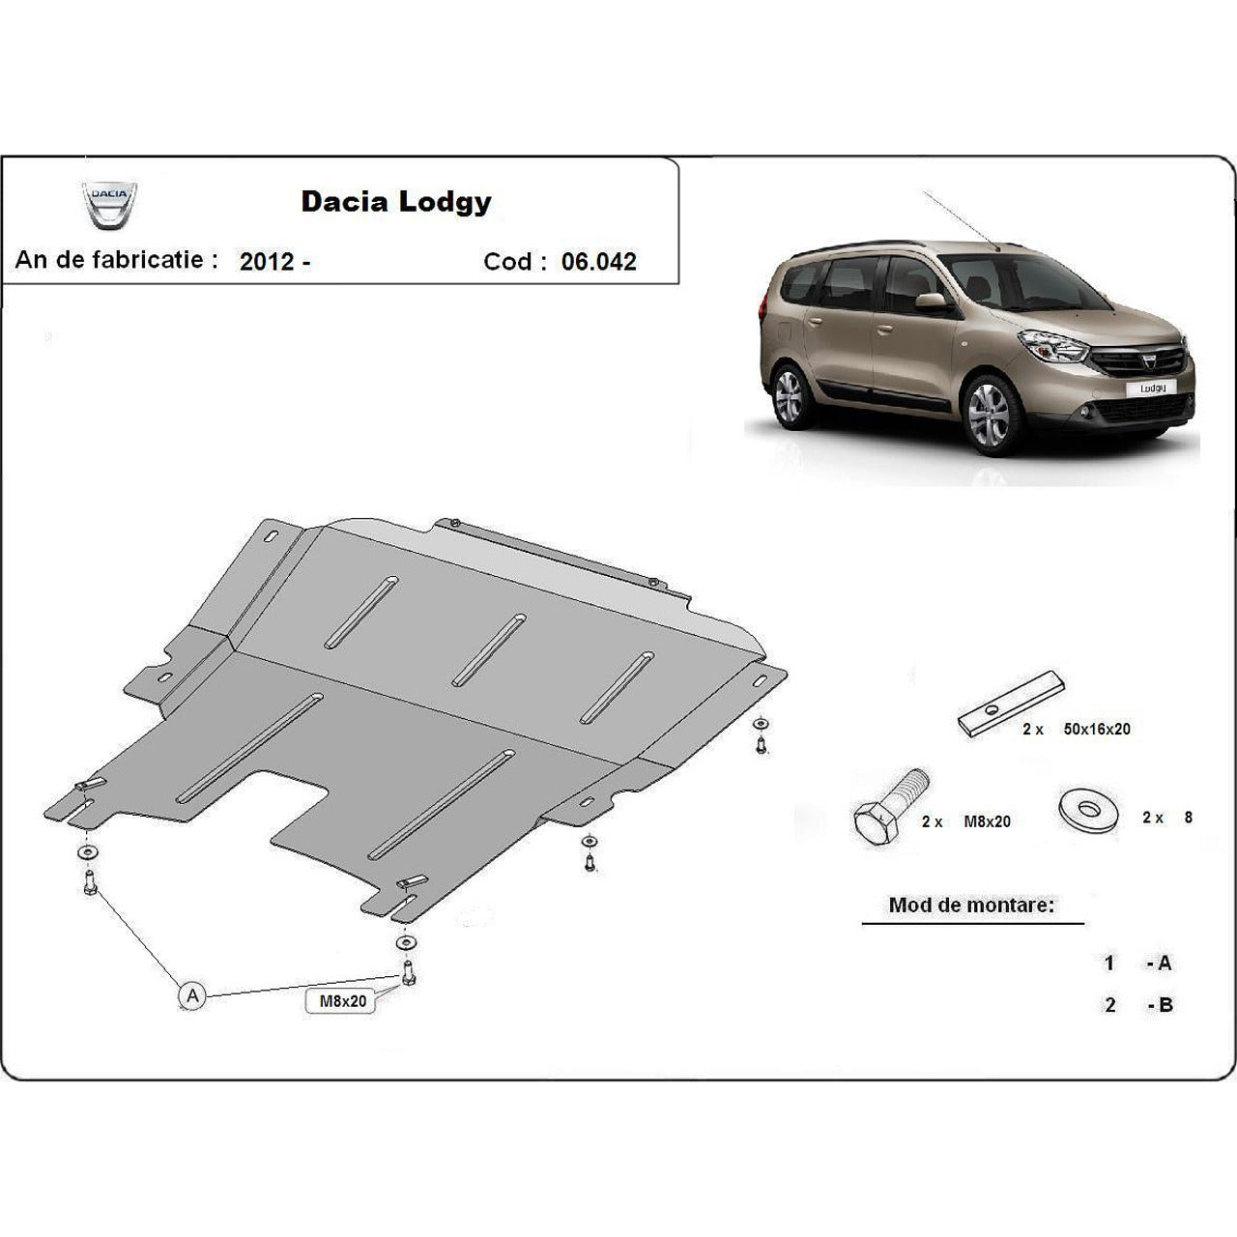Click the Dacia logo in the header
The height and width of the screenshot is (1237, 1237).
(x=109, y=205)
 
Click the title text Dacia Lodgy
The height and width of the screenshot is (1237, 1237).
(x=396, y=201)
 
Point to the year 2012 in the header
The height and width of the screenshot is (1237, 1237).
(x=267, y=261)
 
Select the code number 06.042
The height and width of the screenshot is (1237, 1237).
(x=599, y=262)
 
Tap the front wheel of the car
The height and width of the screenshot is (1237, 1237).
(x=988, y=415)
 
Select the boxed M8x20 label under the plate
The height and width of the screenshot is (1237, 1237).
(x=343, y=1002)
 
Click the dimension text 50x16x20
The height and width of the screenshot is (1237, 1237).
(x=1097, y=730)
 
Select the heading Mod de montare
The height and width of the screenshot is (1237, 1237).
(x=971, y=906)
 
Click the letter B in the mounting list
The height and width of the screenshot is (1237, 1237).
(x=1165, y=1005)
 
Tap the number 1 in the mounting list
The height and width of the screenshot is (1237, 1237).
(x=1110, y=964)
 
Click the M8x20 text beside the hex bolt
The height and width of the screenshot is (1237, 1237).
(x=987, y=821)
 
